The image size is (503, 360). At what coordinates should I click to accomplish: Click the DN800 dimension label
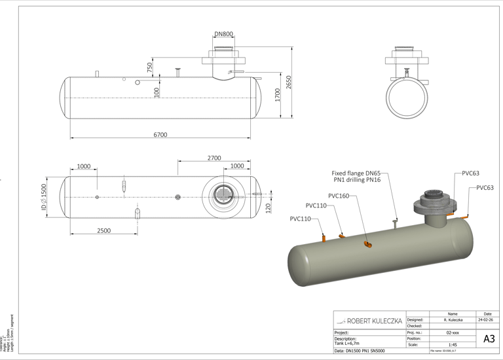(223, 34)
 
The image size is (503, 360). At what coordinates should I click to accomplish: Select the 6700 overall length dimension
(160, 135)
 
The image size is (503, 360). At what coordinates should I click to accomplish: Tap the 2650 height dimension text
(288, 82)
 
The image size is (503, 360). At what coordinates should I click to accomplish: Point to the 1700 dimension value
(278, 95)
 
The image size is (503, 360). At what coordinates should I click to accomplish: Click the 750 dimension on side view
(150, 67)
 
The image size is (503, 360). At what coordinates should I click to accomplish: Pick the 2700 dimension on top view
(214, 158)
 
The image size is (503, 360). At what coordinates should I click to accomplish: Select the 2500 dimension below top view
(103, 230)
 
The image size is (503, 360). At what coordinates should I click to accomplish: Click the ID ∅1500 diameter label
(44, 197)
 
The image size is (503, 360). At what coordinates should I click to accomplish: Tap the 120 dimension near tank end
(268, 208)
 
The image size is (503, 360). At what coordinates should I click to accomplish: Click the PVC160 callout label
(338, 196)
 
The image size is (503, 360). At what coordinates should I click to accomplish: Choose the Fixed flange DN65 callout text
(356, 176)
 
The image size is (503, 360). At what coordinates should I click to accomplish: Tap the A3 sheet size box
(489, 338)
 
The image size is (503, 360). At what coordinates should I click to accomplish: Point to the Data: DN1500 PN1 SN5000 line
(369, 351)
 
